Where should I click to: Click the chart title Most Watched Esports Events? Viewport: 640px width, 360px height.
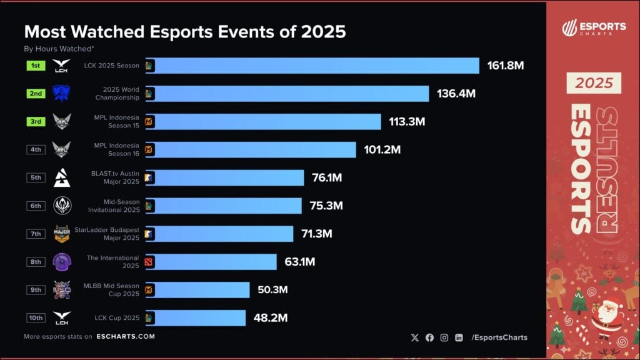(x=184, y=31)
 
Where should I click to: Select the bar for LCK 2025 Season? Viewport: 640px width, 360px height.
(x=312, y=66)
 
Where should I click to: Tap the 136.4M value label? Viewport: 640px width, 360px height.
(x=456, y=94)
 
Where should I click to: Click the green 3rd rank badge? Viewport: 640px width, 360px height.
(x=36, y=121)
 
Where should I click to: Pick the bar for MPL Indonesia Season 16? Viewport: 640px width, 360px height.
(x=251, y=150)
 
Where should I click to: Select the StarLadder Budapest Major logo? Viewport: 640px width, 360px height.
(x=62, y=234)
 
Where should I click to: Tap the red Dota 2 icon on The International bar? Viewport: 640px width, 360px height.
(x=149, y=262)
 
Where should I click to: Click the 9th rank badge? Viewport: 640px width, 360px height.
(x=36, y=290)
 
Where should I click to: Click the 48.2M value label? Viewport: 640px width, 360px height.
(x=270, y=318)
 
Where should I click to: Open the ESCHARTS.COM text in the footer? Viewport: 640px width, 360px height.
(x=126, y=336)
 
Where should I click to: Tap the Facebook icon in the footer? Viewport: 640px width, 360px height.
(x=429, y=337)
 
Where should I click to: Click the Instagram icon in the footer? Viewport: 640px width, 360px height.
(x=444, y=337)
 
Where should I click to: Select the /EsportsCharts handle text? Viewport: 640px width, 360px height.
(x=499, y=337)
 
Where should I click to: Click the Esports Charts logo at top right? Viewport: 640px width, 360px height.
(x=593, y=29)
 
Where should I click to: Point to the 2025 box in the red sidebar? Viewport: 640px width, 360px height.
(x=594, y=82)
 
